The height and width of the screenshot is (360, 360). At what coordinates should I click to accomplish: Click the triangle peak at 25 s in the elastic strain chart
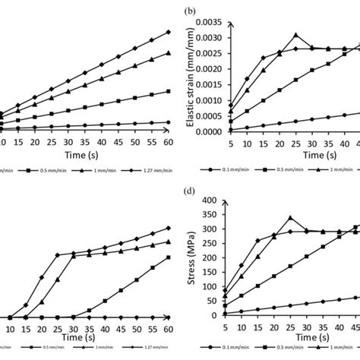[x=296, y=35]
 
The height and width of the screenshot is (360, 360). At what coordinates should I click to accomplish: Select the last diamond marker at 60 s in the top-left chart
[x=169, y=32]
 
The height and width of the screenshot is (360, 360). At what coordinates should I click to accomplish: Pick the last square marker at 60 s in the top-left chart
[x=169, y=92]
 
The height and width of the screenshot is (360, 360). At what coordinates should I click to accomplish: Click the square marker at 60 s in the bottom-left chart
[x=169, y=257]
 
